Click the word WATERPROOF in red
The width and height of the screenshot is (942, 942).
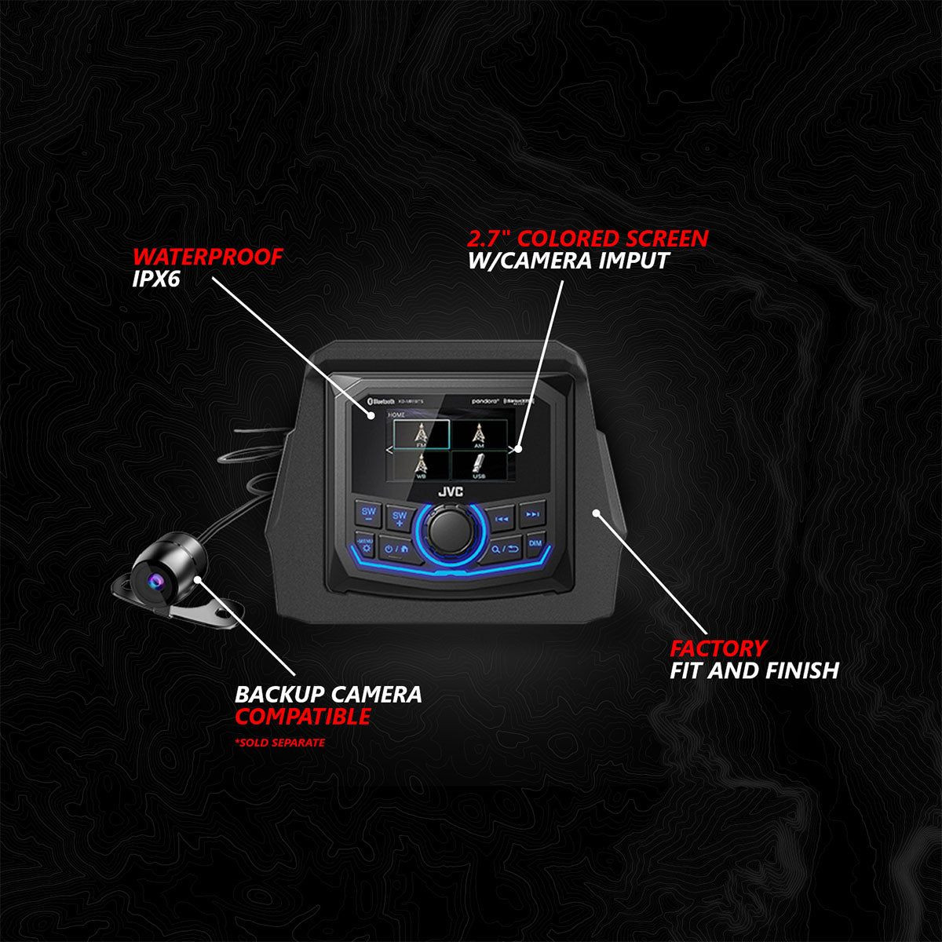(206, 257)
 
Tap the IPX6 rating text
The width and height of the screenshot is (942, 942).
(156, 280)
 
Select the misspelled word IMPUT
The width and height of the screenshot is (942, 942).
(631, 261)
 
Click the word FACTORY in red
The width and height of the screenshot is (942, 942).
(717, 648)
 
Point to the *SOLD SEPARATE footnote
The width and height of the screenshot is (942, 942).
(279, 742)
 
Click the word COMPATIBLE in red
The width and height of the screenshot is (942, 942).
(303, 716)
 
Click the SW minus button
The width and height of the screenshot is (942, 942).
(368, 515)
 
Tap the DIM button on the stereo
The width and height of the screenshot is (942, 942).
(535, 543)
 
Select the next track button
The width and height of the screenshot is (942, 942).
(533, 515)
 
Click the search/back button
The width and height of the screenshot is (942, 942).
(505, 547)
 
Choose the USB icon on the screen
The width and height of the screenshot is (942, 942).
(478, 468)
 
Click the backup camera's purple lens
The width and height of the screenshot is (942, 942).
(150, 579)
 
